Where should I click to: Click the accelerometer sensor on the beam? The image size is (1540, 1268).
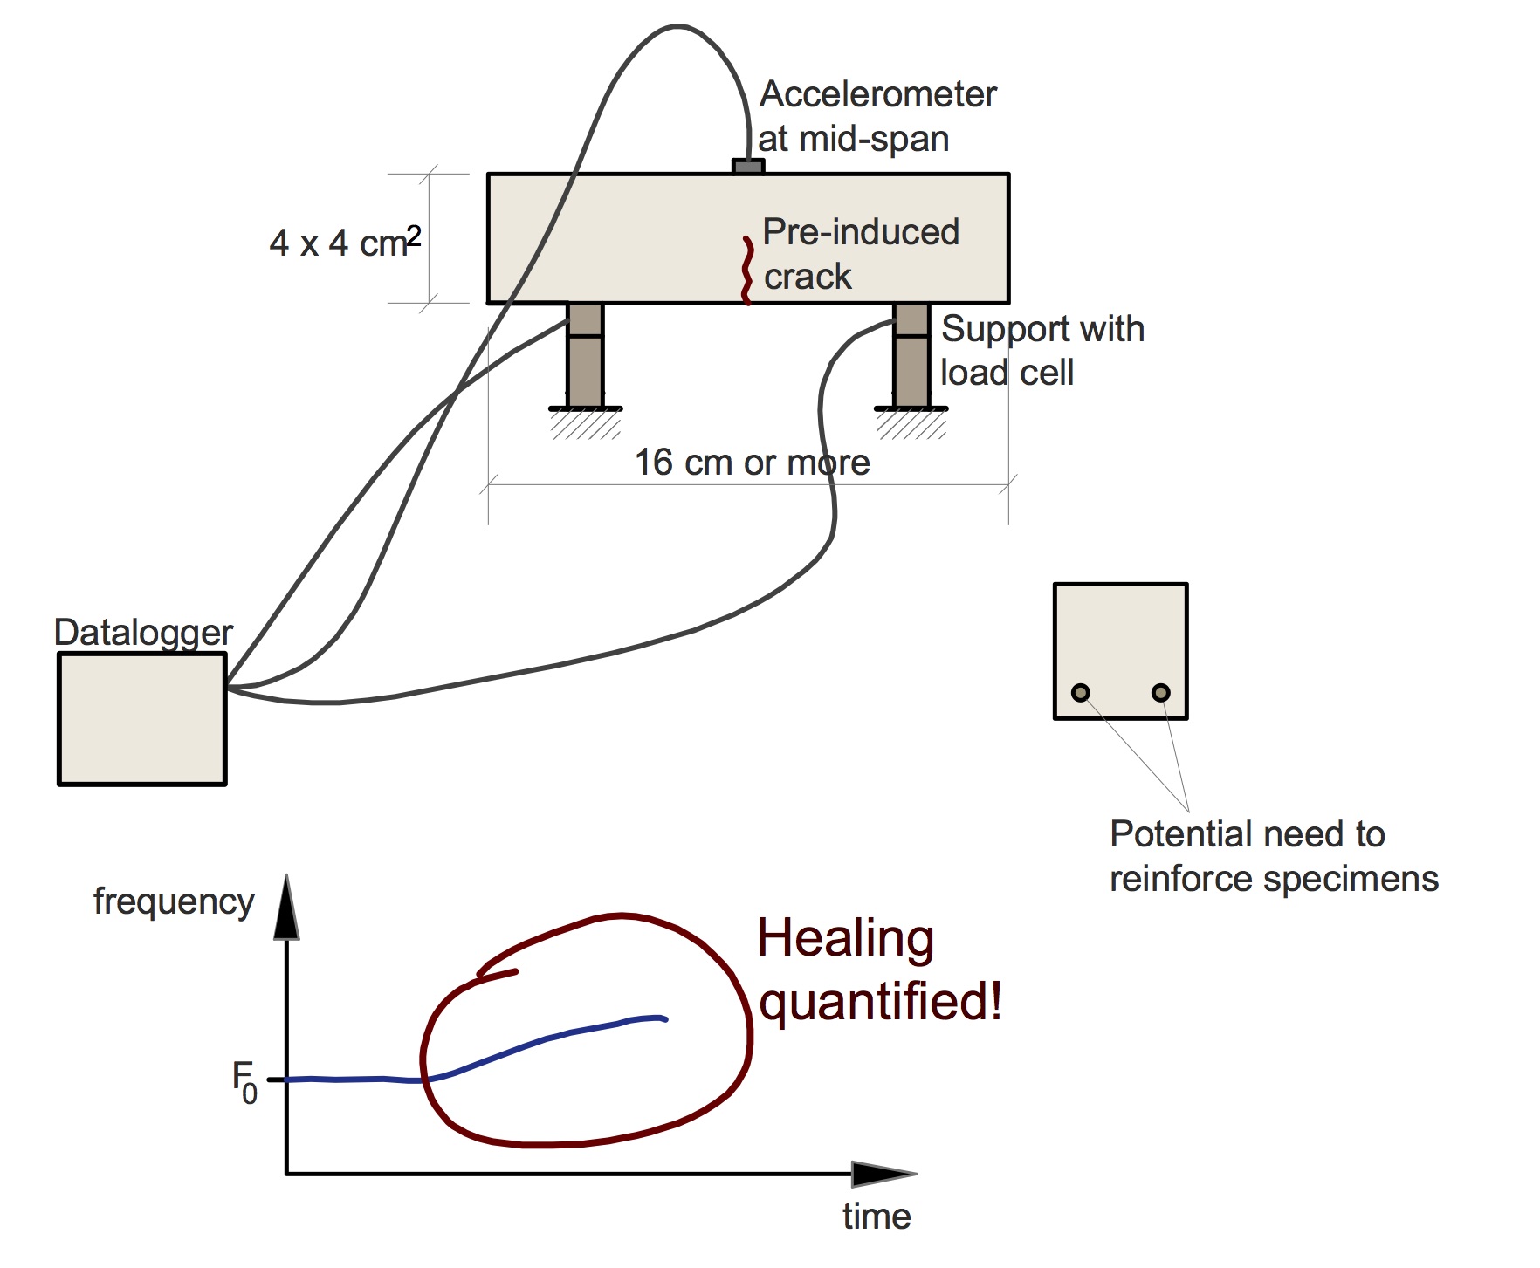pos(748,166)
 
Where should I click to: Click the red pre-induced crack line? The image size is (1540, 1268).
pos(746,271)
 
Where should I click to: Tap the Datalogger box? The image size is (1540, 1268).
pos(142,719)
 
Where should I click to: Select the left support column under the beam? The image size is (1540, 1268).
pos(585,355)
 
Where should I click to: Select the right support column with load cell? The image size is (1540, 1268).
pos(911,355)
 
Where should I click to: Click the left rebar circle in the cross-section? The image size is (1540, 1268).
pos(1081,693)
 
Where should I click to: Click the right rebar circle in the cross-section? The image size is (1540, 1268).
pos(1160,693)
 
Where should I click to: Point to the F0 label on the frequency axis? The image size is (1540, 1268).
pos(244,1082)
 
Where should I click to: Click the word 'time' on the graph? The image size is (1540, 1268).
pos(877,1217)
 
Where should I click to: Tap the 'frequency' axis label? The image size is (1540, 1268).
pos(174,901)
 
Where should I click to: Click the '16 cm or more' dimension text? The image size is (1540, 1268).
pos(752,463)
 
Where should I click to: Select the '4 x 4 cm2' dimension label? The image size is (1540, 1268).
pos(345,242)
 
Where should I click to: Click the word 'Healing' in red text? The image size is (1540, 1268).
pos(845,939)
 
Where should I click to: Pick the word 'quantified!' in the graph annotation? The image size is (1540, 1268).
pos(880,1001)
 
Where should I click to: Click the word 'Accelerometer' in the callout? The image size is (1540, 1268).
pos(877,94)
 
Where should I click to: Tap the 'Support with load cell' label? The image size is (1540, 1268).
pos(1042,351)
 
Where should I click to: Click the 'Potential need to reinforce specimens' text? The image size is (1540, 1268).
pos(1273,856)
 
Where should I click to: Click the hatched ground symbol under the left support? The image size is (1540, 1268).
pos(586,424)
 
